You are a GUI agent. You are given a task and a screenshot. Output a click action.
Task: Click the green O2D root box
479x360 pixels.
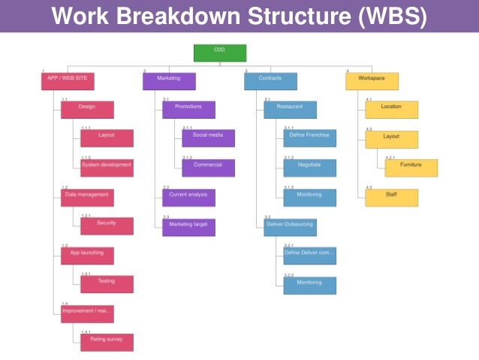click(219, 52)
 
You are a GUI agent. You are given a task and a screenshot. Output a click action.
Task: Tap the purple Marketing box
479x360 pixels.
click(169, 80)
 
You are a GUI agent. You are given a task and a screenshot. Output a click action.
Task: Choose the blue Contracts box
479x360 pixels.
click(270, 80)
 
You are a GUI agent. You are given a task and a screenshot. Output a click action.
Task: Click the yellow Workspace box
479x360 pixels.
click(372, 80)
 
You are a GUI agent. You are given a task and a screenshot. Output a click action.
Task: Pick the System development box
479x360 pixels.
click(107, 168)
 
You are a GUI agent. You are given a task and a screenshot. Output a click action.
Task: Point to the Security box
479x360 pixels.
click(107, 226)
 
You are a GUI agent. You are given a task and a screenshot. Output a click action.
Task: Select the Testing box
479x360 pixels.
click(107, 284)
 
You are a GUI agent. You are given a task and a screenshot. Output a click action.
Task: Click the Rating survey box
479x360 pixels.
click(107, 343)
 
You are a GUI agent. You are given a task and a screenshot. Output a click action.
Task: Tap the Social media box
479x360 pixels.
click(208, 138)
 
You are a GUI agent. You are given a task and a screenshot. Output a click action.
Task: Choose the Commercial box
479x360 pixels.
click(208, 168)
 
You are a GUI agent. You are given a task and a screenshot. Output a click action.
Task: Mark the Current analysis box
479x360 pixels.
click(188, 197)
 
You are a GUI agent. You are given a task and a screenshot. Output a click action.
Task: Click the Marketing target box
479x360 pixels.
click(188, 226)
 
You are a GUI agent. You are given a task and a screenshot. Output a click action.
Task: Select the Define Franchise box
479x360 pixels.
click(309, 138)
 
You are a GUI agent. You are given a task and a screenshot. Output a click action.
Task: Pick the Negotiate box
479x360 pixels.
click(309, 168)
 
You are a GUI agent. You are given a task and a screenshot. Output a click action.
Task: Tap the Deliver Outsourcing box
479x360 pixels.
click(290, 226)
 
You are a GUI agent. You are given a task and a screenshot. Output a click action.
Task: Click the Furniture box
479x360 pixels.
click(411, 168)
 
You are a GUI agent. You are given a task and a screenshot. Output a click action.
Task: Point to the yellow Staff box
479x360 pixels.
click(391, 197)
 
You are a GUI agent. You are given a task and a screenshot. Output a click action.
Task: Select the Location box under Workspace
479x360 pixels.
click(391, 110)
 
